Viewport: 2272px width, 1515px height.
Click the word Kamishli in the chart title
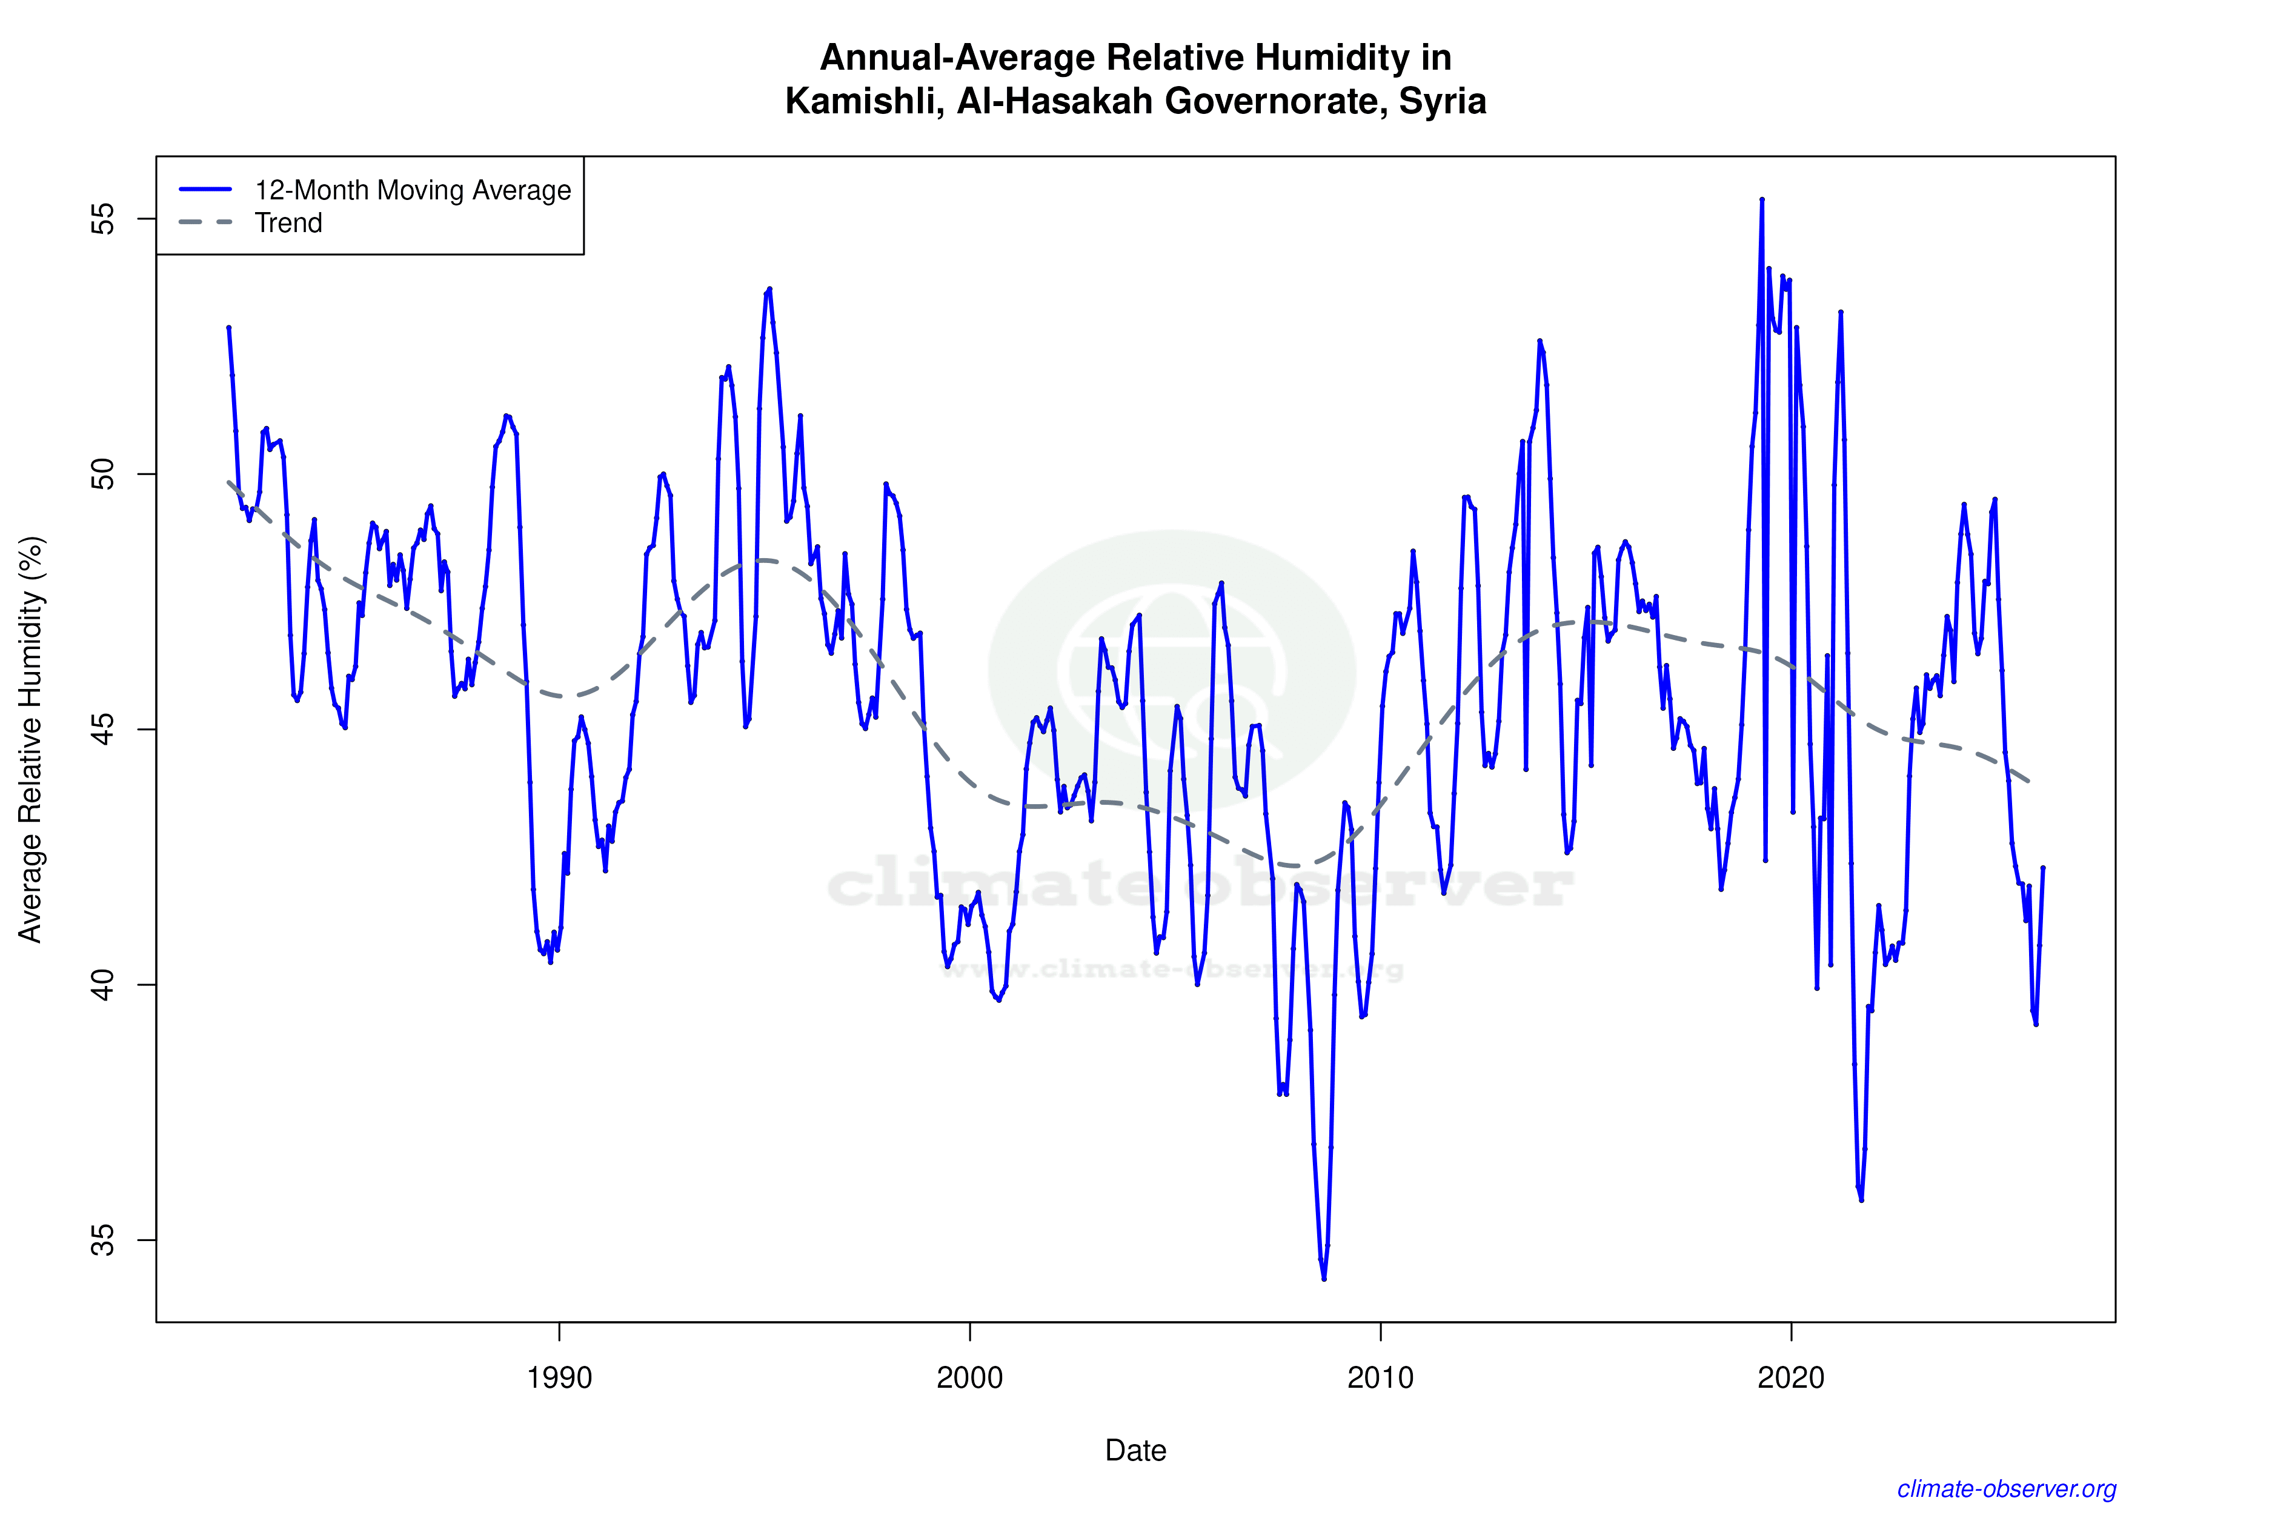pyautogui.click(x=863, y=101)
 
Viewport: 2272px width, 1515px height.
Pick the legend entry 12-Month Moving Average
pyautogui.click(x=413, y=190)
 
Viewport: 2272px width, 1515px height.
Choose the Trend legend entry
pyautogui.click(x=288, y=223)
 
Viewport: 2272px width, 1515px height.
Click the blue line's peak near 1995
pyautogui.click(x=769, y=289)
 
